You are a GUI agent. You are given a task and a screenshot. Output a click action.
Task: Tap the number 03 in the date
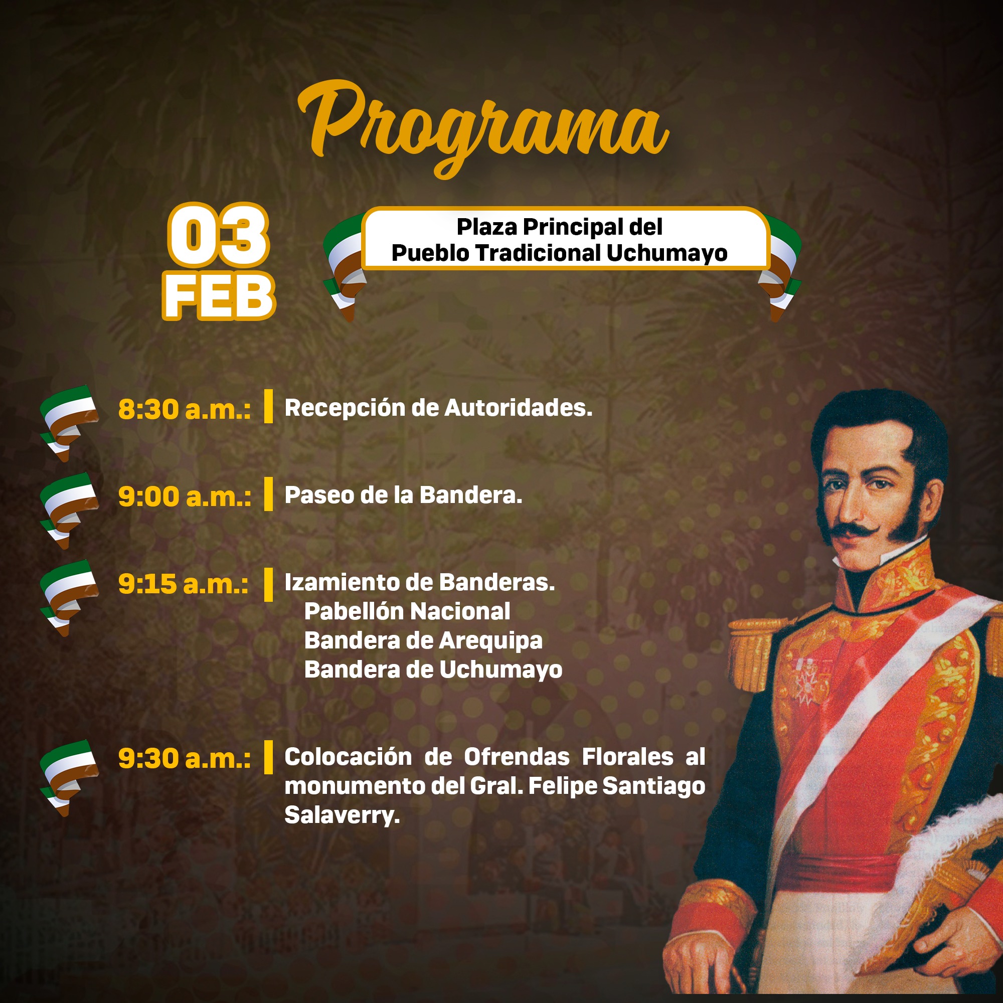point(218,235)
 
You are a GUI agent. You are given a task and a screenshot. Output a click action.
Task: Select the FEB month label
point(219,296)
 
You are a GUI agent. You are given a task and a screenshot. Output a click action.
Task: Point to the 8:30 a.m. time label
point(184,409)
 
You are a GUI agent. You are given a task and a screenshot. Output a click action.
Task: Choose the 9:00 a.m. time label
point(184,496)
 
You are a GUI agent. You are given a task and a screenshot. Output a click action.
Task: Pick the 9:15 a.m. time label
point(183,584)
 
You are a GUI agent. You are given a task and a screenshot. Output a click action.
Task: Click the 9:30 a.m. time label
point(184,758)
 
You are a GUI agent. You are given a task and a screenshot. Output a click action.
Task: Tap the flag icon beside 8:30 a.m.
point(69,423)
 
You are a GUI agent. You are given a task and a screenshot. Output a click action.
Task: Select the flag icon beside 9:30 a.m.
point(69,778)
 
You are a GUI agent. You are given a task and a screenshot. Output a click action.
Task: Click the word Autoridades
point(519,408)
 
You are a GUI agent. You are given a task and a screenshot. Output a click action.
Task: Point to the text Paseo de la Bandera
point(403,495)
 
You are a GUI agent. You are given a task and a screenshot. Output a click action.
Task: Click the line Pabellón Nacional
point(407,611)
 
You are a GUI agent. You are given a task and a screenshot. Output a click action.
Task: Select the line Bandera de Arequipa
point(423,640)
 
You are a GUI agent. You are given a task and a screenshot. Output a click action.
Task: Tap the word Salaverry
point(342,815)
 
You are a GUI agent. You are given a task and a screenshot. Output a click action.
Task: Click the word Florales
point(628,757)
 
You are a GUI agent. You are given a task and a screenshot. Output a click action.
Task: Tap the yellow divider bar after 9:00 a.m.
point(268,494)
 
